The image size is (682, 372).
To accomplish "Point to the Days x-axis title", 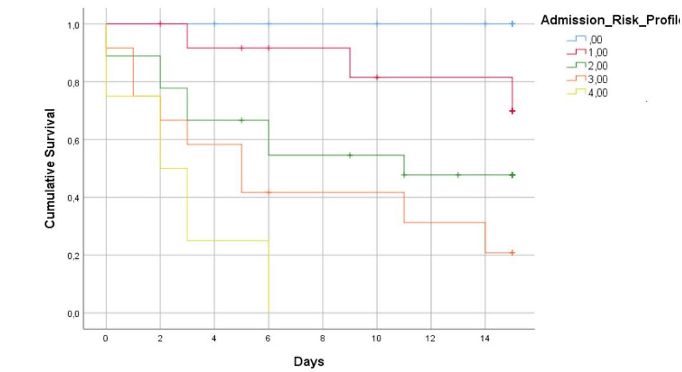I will [x=309, y=361].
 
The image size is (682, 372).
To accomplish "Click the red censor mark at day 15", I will [x=513, y=111].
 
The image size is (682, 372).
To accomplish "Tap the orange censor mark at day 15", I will [x=513, y=253].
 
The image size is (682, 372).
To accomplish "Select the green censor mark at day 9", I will [x=350, y=155].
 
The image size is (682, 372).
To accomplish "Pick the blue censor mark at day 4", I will [x=214, y=24].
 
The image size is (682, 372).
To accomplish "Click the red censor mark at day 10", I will [x=377, y=77].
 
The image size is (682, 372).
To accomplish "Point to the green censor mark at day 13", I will [x=458, y=175].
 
